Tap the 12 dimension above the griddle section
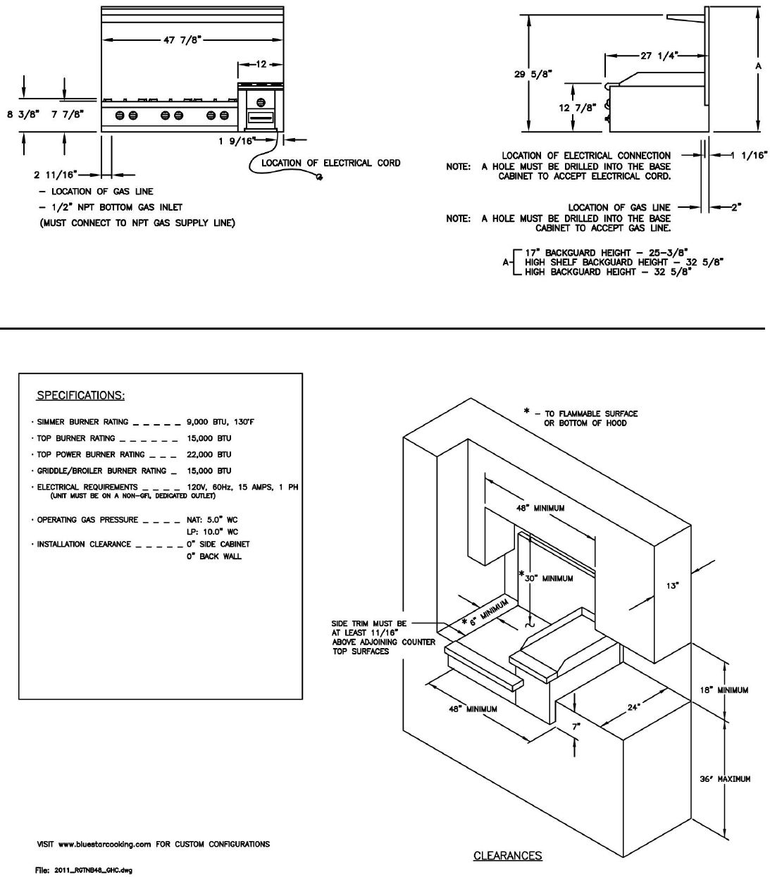[261, 64]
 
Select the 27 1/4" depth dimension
[659, 56]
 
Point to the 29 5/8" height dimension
[533, 74]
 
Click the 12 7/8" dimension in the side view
[577, 107]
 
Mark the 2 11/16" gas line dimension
[56, 175]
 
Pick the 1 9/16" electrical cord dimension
[237, 141]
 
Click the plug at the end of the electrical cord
[320, 177]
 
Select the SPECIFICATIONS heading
[80, 395]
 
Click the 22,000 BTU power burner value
[209, 454]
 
